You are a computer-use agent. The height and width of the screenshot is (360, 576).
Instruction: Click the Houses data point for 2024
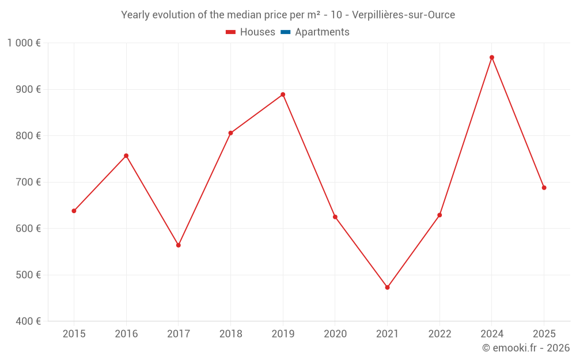492,58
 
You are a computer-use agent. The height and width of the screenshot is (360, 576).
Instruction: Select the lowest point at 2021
387,287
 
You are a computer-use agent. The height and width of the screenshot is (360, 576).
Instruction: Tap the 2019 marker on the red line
283,94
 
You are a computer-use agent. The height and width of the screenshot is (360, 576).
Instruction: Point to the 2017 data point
179,245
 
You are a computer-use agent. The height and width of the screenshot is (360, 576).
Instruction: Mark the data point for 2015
74,211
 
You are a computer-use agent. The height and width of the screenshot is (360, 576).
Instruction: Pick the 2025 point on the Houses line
544,188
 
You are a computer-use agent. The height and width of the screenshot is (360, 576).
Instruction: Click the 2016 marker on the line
126,156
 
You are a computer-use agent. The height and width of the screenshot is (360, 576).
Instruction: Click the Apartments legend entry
322,32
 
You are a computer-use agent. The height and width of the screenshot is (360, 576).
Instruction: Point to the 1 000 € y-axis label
24,43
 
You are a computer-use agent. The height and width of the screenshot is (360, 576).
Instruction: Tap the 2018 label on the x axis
230,334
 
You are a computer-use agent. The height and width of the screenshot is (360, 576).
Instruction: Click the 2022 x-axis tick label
439,334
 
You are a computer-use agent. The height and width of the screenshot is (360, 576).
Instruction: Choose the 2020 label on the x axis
335,334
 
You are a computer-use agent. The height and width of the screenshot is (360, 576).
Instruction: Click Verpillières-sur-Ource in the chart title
403,15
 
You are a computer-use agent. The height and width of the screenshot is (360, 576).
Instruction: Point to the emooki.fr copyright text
525,348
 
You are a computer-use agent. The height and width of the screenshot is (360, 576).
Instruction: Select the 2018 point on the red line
230,133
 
